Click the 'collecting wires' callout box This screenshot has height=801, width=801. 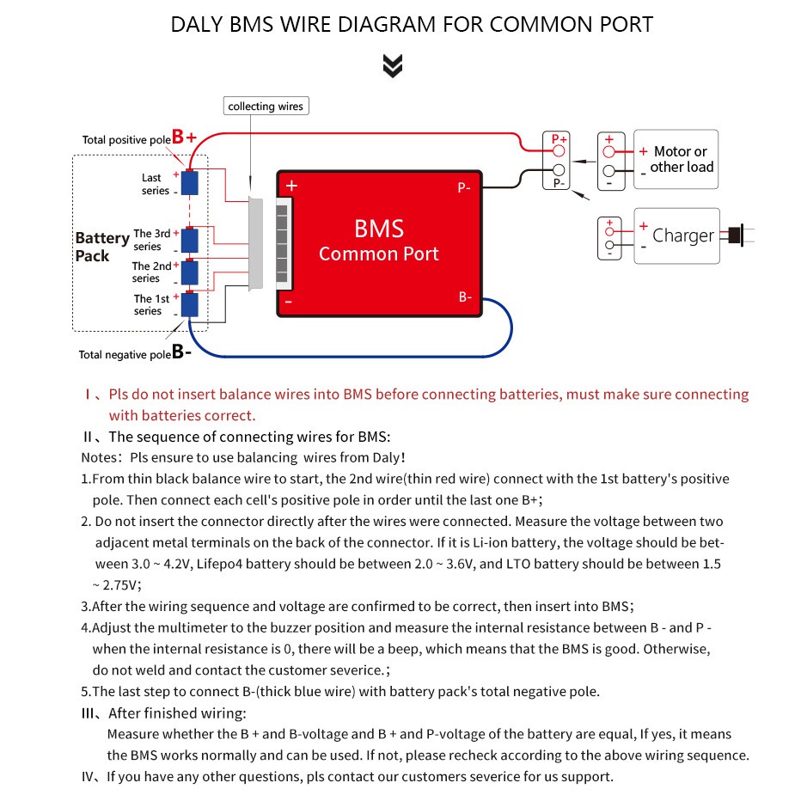(266, 107)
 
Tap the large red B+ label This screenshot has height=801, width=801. (185, 137)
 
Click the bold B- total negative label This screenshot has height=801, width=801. (181, 351)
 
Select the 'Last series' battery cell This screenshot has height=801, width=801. (189, 182)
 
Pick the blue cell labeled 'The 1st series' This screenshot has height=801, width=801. (189, 305)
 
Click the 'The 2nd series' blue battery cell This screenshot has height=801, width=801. (189, 272)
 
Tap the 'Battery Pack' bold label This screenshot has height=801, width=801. (102, 247)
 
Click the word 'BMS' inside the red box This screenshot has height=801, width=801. (378, 228)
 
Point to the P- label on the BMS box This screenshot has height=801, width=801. (465, 187)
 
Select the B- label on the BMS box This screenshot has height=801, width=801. (465, 297)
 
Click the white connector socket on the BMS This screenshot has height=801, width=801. (282, 243)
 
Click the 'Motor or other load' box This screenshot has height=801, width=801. (676, 160)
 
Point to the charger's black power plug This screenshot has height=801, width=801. (736, 235)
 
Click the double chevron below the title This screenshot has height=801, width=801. (393, 65)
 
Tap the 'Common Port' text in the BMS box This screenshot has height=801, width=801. (378, 254)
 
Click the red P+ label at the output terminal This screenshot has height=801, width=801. (559, 138)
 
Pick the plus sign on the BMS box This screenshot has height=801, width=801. (292, 185)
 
